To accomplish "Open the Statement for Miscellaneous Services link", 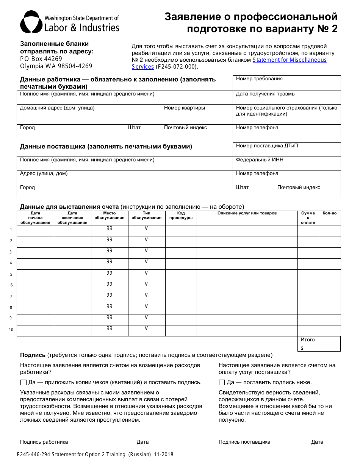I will click(290, 60).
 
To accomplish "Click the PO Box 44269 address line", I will click(41, 59).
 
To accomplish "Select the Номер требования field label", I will click(259, 79).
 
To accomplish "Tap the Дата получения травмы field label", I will click(266, 94).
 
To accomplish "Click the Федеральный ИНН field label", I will click(260, 160).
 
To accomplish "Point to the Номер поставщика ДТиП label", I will click(267, 146).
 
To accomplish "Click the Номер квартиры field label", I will click(184, 108).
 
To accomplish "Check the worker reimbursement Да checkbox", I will click(23, 382).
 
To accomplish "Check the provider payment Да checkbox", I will click(222, 382).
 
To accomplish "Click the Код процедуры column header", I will click(181, 215).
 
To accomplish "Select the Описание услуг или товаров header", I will click(247, 213).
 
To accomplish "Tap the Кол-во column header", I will click(329, 213).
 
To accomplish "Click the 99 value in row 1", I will click(110, 228).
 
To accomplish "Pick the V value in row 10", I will click(146, 328).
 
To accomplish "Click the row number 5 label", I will click(11, 274).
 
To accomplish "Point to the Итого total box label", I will click(307, 340).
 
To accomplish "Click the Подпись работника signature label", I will click(44, 442).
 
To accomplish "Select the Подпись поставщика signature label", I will click(244, 442).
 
